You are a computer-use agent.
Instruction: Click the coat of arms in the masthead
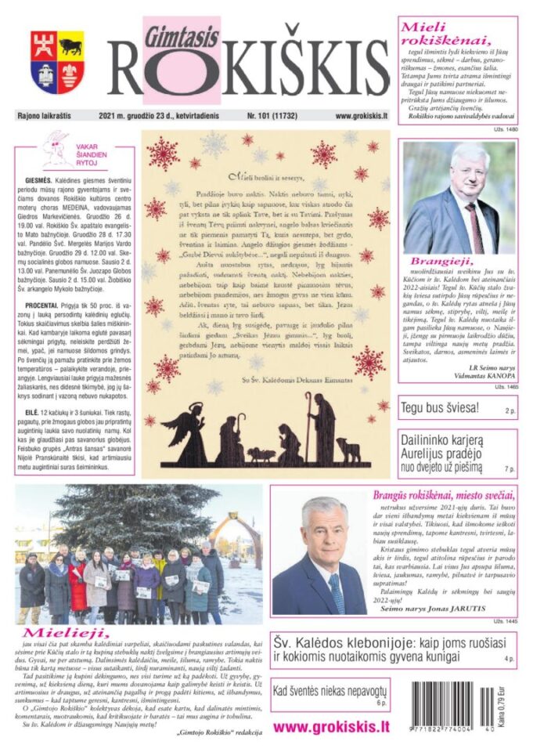point(57,62)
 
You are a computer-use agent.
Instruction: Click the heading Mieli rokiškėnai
point(446,34)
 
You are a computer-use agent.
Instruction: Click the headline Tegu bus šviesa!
point(439,409)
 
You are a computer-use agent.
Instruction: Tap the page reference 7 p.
point(509,469)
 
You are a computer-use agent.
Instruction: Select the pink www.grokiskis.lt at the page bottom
point(330,726)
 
